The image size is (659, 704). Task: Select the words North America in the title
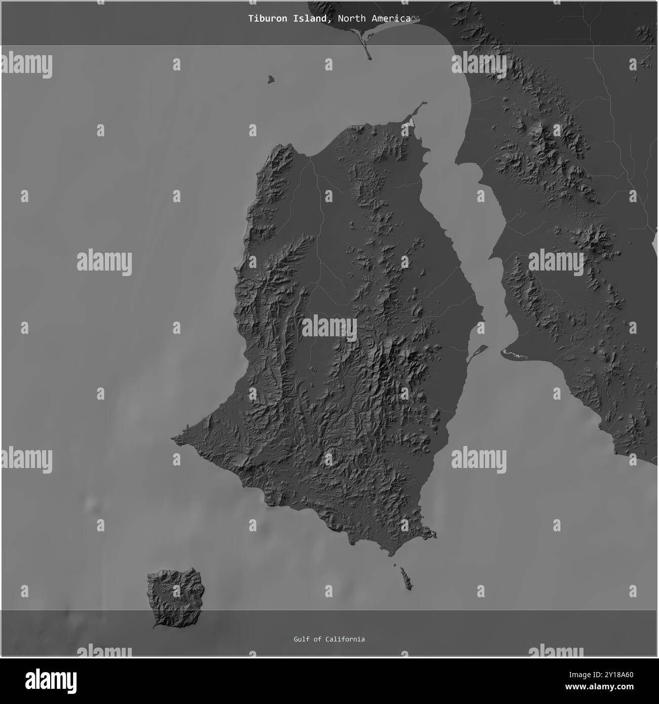coord(374,19)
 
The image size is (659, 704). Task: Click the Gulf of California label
coord(329,639)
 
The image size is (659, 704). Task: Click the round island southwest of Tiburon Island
coord(175,598)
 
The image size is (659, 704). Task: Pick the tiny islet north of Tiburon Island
coord(271,79)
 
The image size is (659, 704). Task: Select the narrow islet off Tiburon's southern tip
coord(405,577)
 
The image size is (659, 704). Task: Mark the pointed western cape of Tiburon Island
coord(175,437)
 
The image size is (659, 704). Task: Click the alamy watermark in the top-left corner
coord(26,66)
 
